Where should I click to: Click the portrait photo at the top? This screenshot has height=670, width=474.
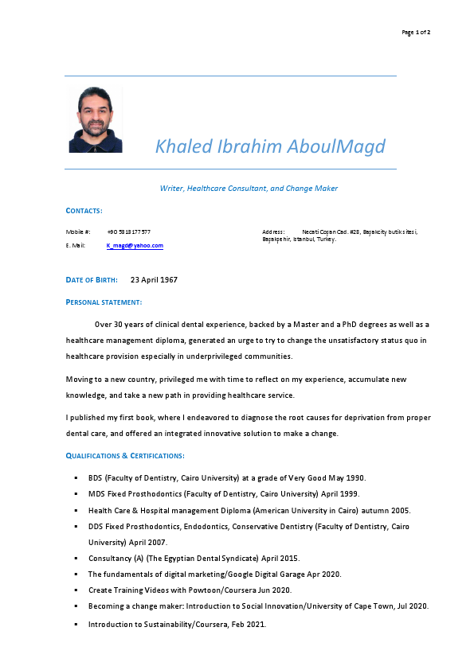click(96, 119)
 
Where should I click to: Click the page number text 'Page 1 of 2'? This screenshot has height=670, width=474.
click(416, 32)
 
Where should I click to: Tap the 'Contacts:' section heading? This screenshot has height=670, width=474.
click(84, 211)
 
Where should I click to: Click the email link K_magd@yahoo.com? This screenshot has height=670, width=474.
click(135, 246)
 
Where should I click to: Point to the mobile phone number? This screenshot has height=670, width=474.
click(128, 232)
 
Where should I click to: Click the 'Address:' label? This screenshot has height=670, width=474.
click(273, 232)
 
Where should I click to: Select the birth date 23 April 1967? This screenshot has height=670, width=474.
click(154, 280)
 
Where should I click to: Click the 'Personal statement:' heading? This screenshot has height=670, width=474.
click(104, 302)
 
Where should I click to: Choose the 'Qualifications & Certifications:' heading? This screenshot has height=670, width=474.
click(125, 456)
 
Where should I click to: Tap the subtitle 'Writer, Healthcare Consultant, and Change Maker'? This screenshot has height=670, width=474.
click(249, 189)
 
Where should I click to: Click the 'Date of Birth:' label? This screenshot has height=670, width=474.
click(92, 280)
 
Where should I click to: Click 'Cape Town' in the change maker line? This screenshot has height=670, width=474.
click(378, 606)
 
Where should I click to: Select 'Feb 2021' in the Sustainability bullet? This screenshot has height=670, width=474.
click(248, 624)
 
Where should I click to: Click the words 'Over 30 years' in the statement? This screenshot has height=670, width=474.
click(119, 325)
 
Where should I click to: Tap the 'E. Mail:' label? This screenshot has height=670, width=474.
click(76, 246)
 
